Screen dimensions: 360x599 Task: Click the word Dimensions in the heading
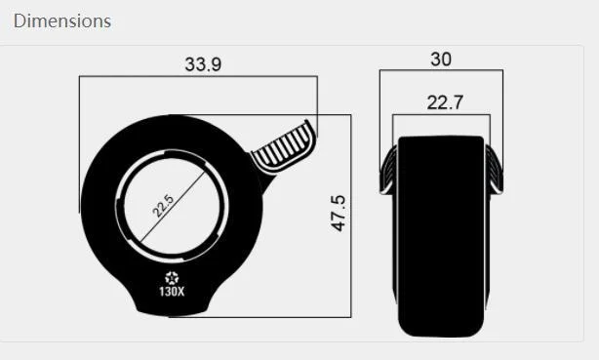pyautogui.click(x=62, y=20)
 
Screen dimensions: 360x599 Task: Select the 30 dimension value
pyautogui.click(x=441, y=60)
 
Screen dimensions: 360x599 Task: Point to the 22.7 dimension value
pyautogui.click(x=442, y=102)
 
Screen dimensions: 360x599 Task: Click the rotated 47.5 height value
pyautogui.click(x=339, y=213)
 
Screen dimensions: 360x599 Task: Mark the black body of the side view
pyautogui.click(x=442, y=234)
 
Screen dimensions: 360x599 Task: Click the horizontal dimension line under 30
pyautogui.click(x=441, y=71)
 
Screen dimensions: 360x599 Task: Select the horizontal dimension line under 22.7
pyautogui.click(x=442, y=115)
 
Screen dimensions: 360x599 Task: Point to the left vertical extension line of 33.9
pyautogui.click(x=79, y=146)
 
